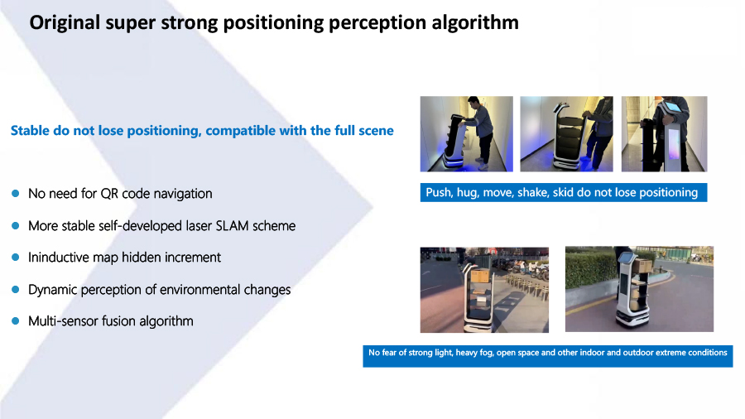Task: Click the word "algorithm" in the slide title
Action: point(474,23)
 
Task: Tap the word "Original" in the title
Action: point(65,23)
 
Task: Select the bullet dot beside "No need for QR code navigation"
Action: point(16,193)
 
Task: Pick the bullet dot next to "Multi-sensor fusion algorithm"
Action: point(16,320)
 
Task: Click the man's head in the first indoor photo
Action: point(473,102)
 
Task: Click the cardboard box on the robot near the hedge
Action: point(643,266)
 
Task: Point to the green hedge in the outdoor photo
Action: point(589,271)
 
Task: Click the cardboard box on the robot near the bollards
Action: point(480,277)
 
